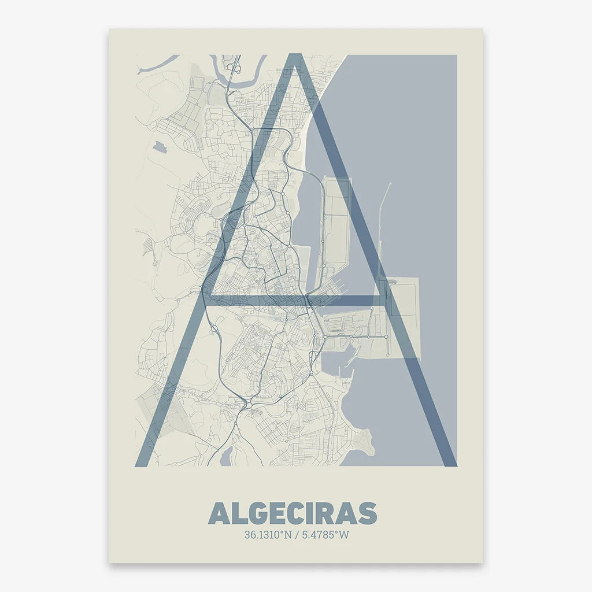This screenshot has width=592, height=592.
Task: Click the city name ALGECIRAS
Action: click(x=293, y=513)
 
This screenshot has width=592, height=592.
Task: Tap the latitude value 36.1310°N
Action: click(x=268, y=535)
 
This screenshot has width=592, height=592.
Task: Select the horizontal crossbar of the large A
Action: click(x=295, y=300)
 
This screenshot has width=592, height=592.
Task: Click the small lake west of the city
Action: click(x=158, y=145)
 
